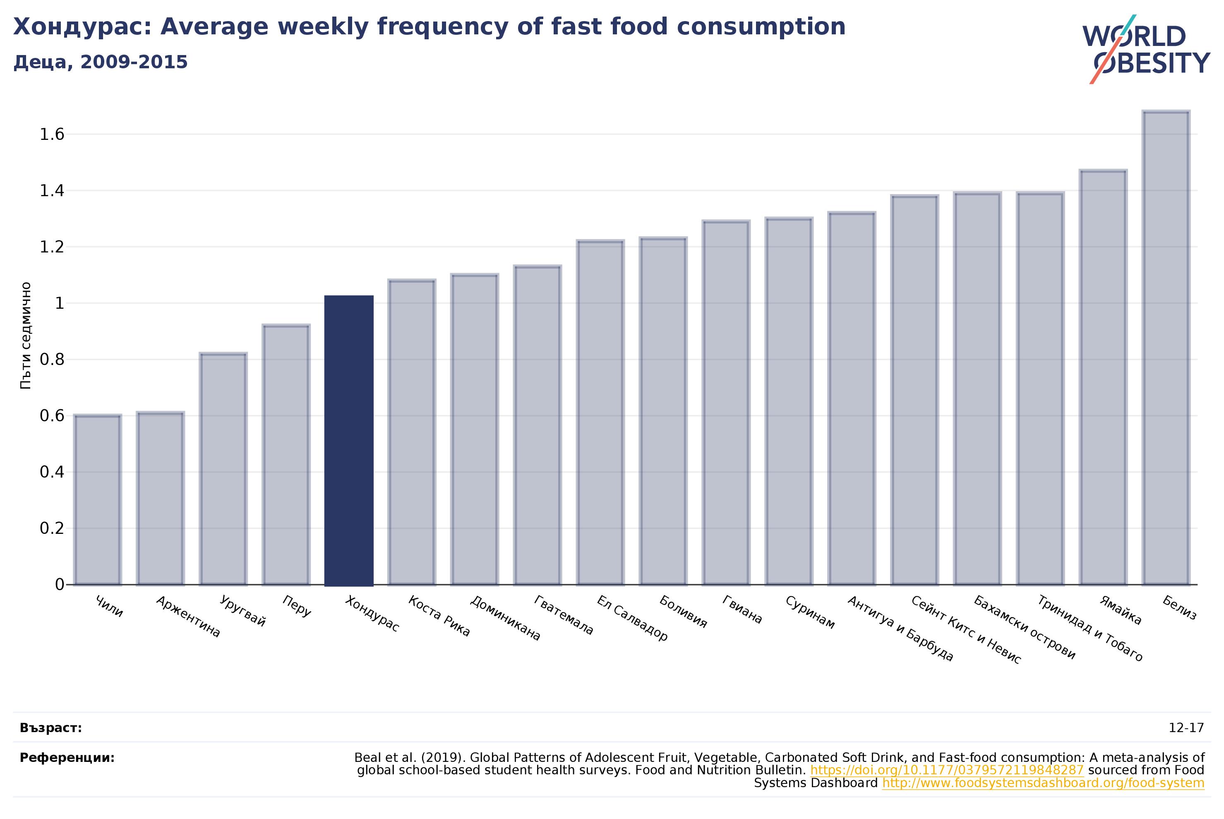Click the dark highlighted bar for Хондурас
[349, 440]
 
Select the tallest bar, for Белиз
[1166, 348]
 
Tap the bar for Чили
[98, 500]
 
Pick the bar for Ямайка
[1103, 378]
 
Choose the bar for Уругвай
[223, 469]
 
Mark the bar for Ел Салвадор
[600, 413]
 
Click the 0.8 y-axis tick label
[52, 359]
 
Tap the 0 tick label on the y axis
[60, 584]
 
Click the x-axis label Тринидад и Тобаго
[1090, 628]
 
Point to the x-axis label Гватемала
[564, 615]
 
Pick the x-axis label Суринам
[810, 612]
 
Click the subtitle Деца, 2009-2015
[100, 62]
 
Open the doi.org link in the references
[947, 771]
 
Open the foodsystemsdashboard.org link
[1043, 783]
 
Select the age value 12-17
[1186, 728]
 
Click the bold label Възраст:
[50, 728]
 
